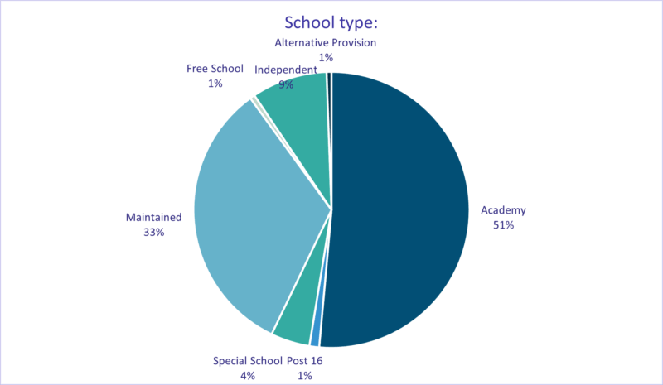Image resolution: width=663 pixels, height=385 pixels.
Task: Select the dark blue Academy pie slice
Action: click(398, 207)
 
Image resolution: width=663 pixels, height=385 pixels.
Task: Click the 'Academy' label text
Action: click(503, 210)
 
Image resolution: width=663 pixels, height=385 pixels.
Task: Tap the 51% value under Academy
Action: click(503, 225)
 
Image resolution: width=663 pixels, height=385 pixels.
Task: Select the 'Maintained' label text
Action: click(153, 217)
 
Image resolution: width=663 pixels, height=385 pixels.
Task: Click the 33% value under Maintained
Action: click(153, 233)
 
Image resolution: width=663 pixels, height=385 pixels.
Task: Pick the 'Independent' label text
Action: click(286, 70)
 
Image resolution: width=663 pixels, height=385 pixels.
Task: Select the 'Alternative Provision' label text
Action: click(326, 42)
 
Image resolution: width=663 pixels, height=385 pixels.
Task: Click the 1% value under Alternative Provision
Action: click(326, 57)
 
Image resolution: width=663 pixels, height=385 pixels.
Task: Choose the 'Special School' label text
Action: click(248, 360)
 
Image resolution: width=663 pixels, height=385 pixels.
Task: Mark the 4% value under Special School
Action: click(248, 375)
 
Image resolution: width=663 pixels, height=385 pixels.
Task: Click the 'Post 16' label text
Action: click(306, 360)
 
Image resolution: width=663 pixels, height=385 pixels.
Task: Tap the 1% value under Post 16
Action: click(306, 375)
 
